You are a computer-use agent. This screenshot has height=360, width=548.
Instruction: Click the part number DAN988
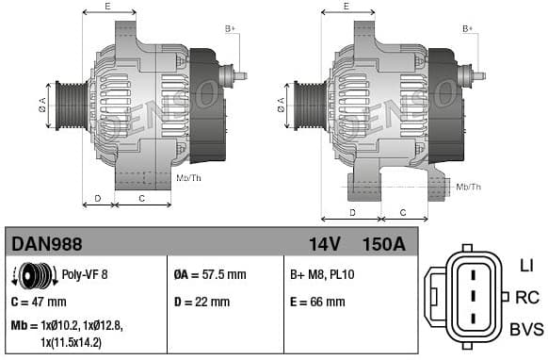coord(46,244)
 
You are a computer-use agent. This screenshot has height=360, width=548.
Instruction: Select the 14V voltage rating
coord(324,244)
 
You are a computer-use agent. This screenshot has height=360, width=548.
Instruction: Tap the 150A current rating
coord(383,244)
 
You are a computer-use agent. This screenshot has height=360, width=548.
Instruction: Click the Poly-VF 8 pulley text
coord(85,275)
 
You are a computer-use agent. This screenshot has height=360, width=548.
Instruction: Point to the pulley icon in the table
coord(33,276)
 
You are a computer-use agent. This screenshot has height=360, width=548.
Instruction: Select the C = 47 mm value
coord(39,303)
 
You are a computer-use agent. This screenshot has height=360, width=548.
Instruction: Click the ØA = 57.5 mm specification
coord(209,275)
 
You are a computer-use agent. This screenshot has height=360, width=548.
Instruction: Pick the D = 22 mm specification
coord(201,303)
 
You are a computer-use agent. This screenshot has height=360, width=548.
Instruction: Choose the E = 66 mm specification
coord(317,303)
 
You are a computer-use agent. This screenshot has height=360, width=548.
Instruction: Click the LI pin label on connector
coord(525,266)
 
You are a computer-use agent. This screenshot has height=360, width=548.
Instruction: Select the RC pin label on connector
coord(527,298)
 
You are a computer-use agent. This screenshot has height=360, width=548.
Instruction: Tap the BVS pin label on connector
coord(526,329)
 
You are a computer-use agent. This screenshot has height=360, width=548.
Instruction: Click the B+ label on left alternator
coord(230,29)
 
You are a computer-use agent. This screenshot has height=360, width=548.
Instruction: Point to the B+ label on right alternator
coord(468,29)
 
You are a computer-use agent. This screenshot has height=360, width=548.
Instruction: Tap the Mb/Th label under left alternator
coord(188,177)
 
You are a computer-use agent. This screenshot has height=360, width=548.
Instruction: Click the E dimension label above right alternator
coord(347,7)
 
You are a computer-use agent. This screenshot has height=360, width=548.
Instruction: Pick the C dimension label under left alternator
coord(141,199)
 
